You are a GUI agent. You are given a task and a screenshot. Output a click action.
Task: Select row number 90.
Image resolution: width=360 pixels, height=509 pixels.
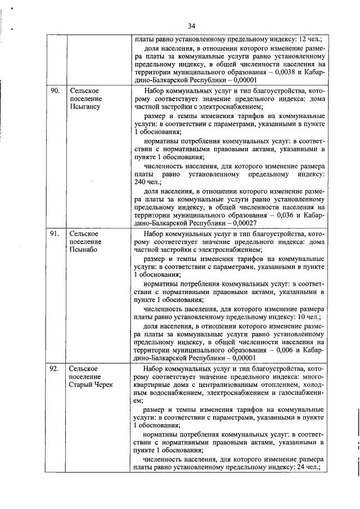click(x=55, y=90)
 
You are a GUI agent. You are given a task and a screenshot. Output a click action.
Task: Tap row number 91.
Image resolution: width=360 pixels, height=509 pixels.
click(x=55, y=232)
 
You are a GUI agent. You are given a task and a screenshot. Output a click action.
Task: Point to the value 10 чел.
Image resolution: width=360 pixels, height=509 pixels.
click(x=309, y=317)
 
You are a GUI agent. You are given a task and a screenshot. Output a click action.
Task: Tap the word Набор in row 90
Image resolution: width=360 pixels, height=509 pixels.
click(x=154, y=90)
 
